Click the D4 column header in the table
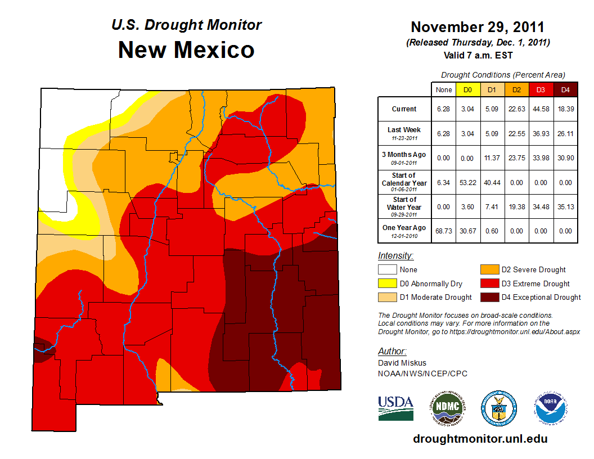click(x=565, y=89)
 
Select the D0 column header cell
click(x=467, y=89)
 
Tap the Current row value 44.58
click(x=541, y=109)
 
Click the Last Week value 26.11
click(x=565, y=134)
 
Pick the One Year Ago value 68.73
click(x=443, y=231)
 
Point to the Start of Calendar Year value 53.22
click(x=467, y=182)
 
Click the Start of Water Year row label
click(x=404, y=206)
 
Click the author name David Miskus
click(x=402, y=363)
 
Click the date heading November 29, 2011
click(x=477, y=27)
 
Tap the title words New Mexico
click(x=186, y=51)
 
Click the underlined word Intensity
click(x=395, y=256)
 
